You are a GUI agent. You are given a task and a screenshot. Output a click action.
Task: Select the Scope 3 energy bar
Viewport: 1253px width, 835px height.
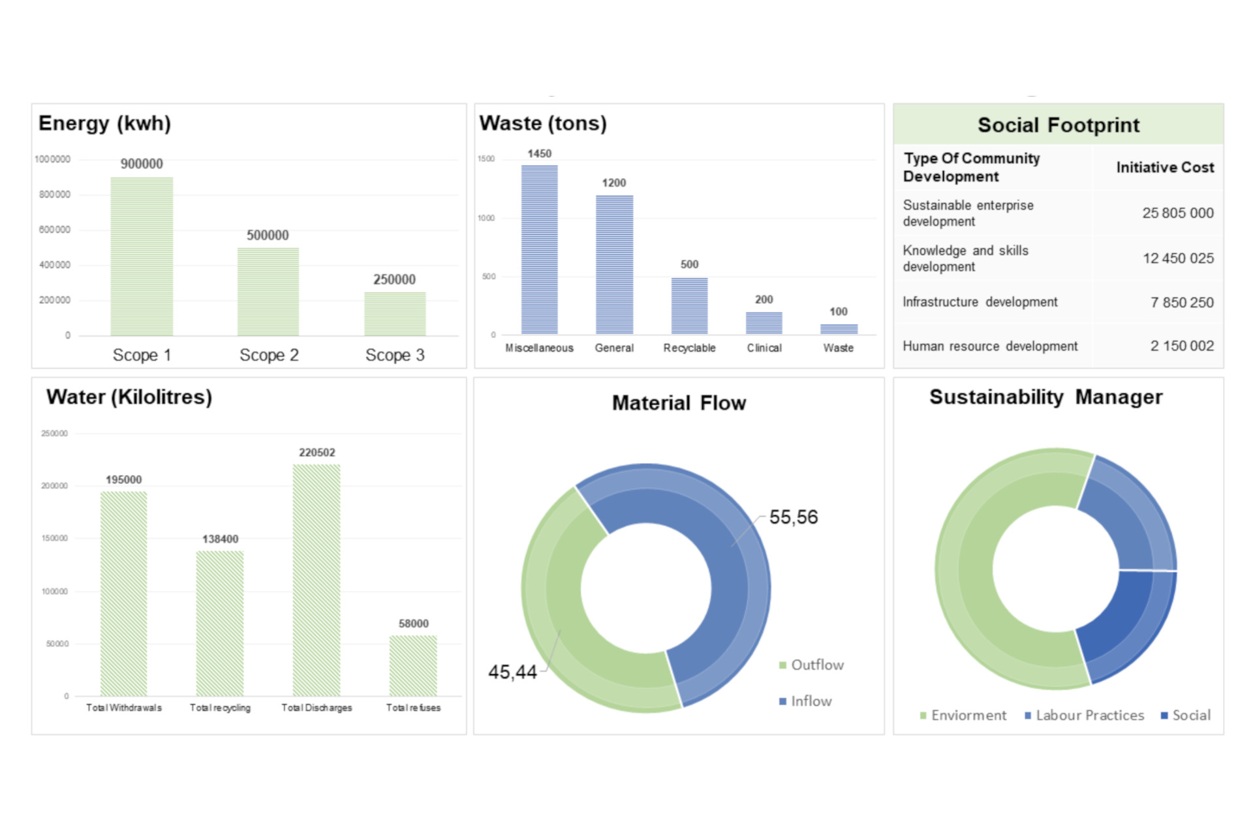point(395,314)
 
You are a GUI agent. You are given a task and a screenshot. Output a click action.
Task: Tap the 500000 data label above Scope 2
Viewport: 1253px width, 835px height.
point(268,235)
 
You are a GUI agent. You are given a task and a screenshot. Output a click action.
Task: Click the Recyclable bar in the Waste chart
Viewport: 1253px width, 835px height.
point(689,306)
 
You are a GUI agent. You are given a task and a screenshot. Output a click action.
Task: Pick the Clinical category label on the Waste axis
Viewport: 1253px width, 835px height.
point(764,348)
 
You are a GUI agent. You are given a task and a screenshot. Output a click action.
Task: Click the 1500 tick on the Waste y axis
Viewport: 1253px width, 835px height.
point(486,159)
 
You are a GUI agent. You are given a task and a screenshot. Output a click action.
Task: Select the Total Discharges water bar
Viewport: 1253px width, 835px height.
point(317,580)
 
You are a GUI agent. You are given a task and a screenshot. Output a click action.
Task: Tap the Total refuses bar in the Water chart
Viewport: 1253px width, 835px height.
point(413,665)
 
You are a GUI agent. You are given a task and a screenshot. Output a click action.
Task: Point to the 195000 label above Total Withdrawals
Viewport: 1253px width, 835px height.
point(124,479)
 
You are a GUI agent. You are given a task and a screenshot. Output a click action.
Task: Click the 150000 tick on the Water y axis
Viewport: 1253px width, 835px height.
point(55,538)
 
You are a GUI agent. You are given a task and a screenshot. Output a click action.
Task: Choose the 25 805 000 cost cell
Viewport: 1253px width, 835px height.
point(1177,213)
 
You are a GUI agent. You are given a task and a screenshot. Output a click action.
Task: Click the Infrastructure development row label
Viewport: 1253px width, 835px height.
point(980,302)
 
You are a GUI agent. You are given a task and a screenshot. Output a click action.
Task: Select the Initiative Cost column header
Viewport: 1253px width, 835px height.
point(1165,168)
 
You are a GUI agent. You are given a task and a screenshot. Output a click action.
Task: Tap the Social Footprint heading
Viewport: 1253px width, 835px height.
point(1058,125)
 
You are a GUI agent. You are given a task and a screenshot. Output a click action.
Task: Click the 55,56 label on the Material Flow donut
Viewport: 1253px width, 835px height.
point(793,517)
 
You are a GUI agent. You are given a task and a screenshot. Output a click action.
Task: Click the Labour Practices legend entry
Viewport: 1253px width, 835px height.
point(1089,716)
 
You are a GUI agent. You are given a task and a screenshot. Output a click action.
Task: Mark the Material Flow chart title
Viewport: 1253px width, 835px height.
point(679,403)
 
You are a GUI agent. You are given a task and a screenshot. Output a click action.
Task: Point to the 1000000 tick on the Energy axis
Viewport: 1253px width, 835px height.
point(53,159)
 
